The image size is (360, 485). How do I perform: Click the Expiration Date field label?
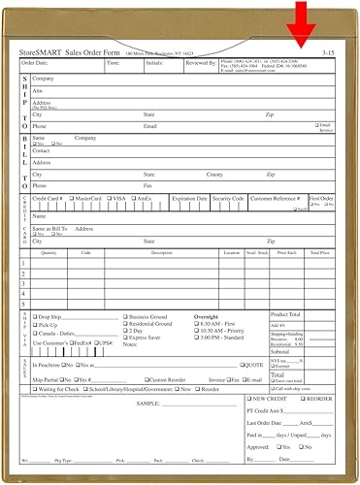click(189, 197)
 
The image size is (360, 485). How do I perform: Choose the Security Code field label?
click(228, 197)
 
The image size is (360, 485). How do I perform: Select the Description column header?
click(160, 252)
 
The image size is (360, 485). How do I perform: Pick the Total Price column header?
click(319, 252)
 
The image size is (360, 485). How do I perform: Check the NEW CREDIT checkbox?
click(248, 399)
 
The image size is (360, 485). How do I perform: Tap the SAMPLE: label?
click(147, 402)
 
